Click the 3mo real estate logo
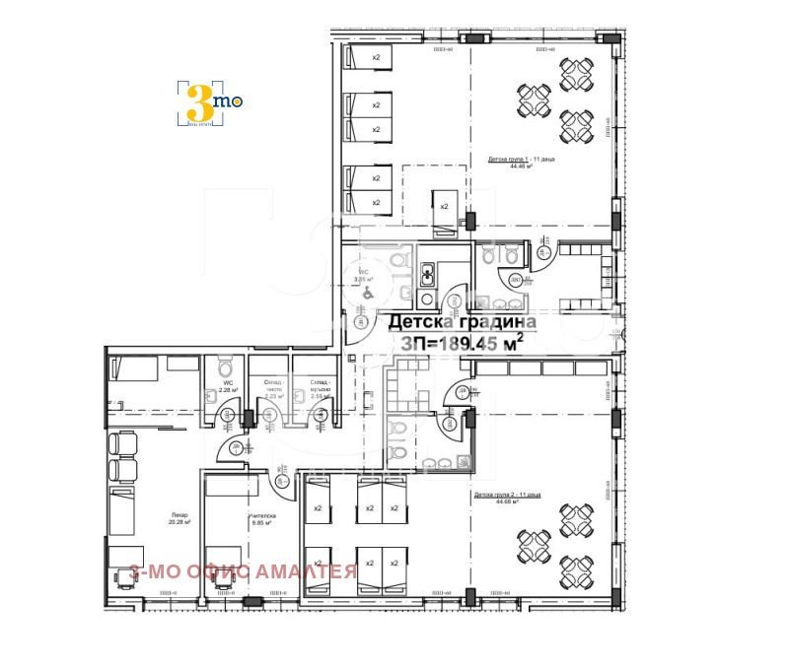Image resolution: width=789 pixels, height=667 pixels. coord(209,102)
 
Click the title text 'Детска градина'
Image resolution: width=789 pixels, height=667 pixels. coord(462,322)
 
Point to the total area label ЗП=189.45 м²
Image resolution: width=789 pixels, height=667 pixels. coord(462,343)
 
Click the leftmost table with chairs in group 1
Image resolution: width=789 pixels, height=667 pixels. coord(534,100)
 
